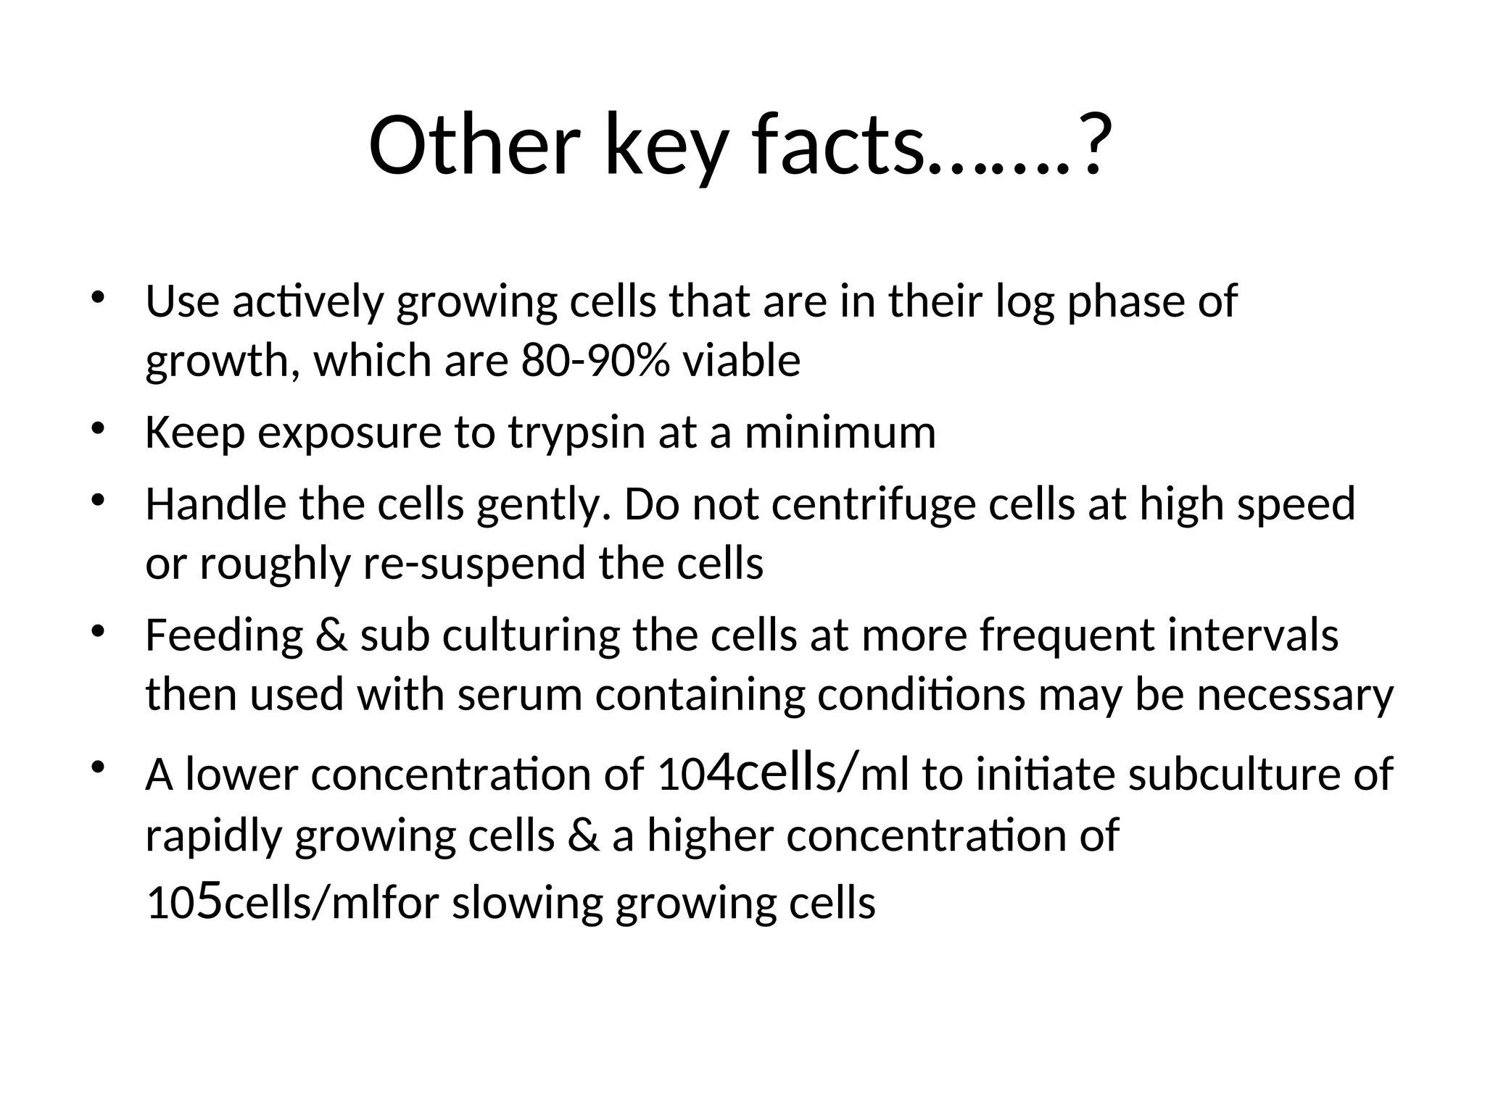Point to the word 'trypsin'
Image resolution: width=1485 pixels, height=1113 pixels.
point(576,433)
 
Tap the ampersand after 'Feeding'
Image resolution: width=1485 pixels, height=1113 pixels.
point(331,636)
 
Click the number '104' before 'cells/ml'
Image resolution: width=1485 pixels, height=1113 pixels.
point(695,774)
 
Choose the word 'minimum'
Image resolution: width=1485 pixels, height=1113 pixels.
point(840,433)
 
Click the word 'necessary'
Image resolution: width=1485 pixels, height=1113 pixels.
point(1294,694)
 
